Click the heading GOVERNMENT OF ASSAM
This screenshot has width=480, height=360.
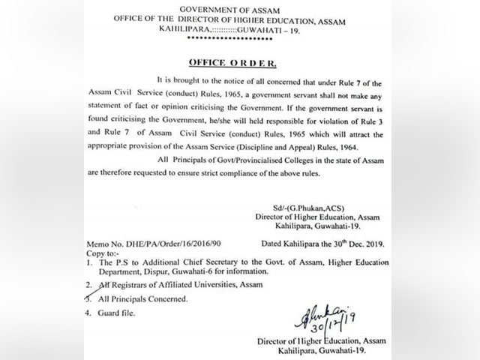click(x=235, y=9)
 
